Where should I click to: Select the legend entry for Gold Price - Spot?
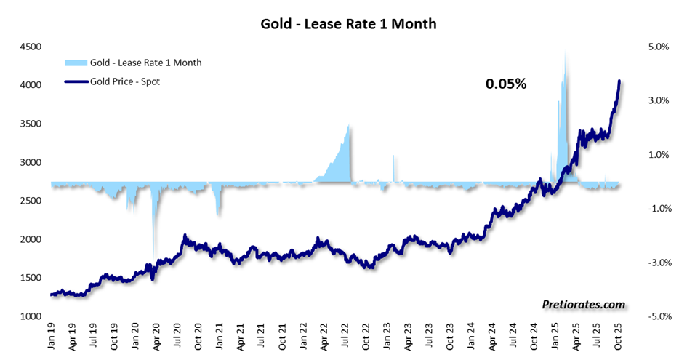pyautogui.click(x=124, y=81)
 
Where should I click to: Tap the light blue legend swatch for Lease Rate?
pyautogui.click(x=75, y=63)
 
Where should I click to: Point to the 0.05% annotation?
pyautogui.click(x=505, y=84)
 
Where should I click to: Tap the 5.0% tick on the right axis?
pyautogui.click(x=658, y=47)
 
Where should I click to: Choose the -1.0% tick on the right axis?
pyautogui.click(x=656, y=209)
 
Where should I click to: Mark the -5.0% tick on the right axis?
pyautogui.click(x=656, y=316)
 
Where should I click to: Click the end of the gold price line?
pyautogui.click(x=619, y=81)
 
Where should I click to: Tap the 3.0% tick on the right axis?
pyautogui.click(x=658, y=100)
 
